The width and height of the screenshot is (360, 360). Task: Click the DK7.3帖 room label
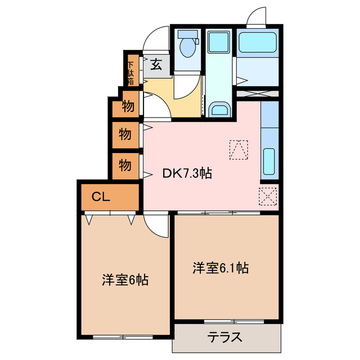(187, 174)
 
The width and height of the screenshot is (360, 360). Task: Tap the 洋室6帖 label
(125, 280)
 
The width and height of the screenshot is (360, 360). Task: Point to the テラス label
(226, 337)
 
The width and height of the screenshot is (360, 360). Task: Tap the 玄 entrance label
(156, 65)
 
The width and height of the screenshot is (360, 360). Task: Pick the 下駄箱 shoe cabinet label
(130, 71)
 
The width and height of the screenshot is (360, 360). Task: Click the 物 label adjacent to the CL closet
(125, 165)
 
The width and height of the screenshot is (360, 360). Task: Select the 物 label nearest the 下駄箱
(128, 106)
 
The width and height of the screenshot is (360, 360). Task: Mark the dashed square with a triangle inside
(238, 149)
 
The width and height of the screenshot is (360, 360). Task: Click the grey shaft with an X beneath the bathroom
(257, 94)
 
